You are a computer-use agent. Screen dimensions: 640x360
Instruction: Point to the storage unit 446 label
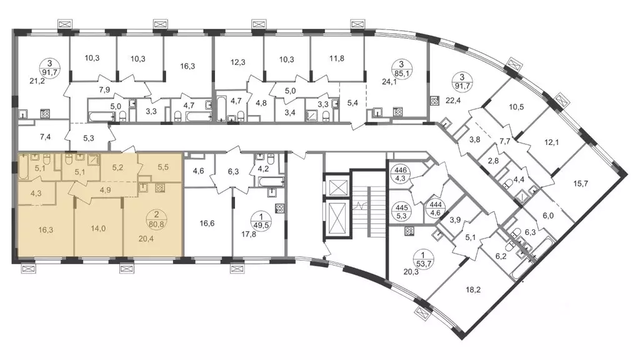point(400,174)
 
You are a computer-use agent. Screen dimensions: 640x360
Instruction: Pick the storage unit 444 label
point(435,208)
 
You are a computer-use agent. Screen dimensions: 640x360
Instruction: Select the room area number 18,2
point(473,290)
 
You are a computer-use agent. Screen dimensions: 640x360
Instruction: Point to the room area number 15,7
point(581,184)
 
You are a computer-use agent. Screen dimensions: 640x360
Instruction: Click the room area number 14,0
point(98,229)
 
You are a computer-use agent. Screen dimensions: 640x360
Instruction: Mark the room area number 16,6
point(207,223)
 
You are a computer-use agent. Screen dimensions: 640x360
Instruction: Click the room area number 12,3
point(238,62)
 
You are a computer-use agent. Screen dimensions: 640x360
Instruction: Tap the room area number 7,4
point(45,137)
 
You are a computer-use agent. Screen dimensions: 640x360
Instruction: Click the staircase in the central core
point(369,204)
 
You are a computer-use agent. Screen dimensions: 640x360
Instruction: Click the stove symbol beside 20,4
point(160,187)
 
